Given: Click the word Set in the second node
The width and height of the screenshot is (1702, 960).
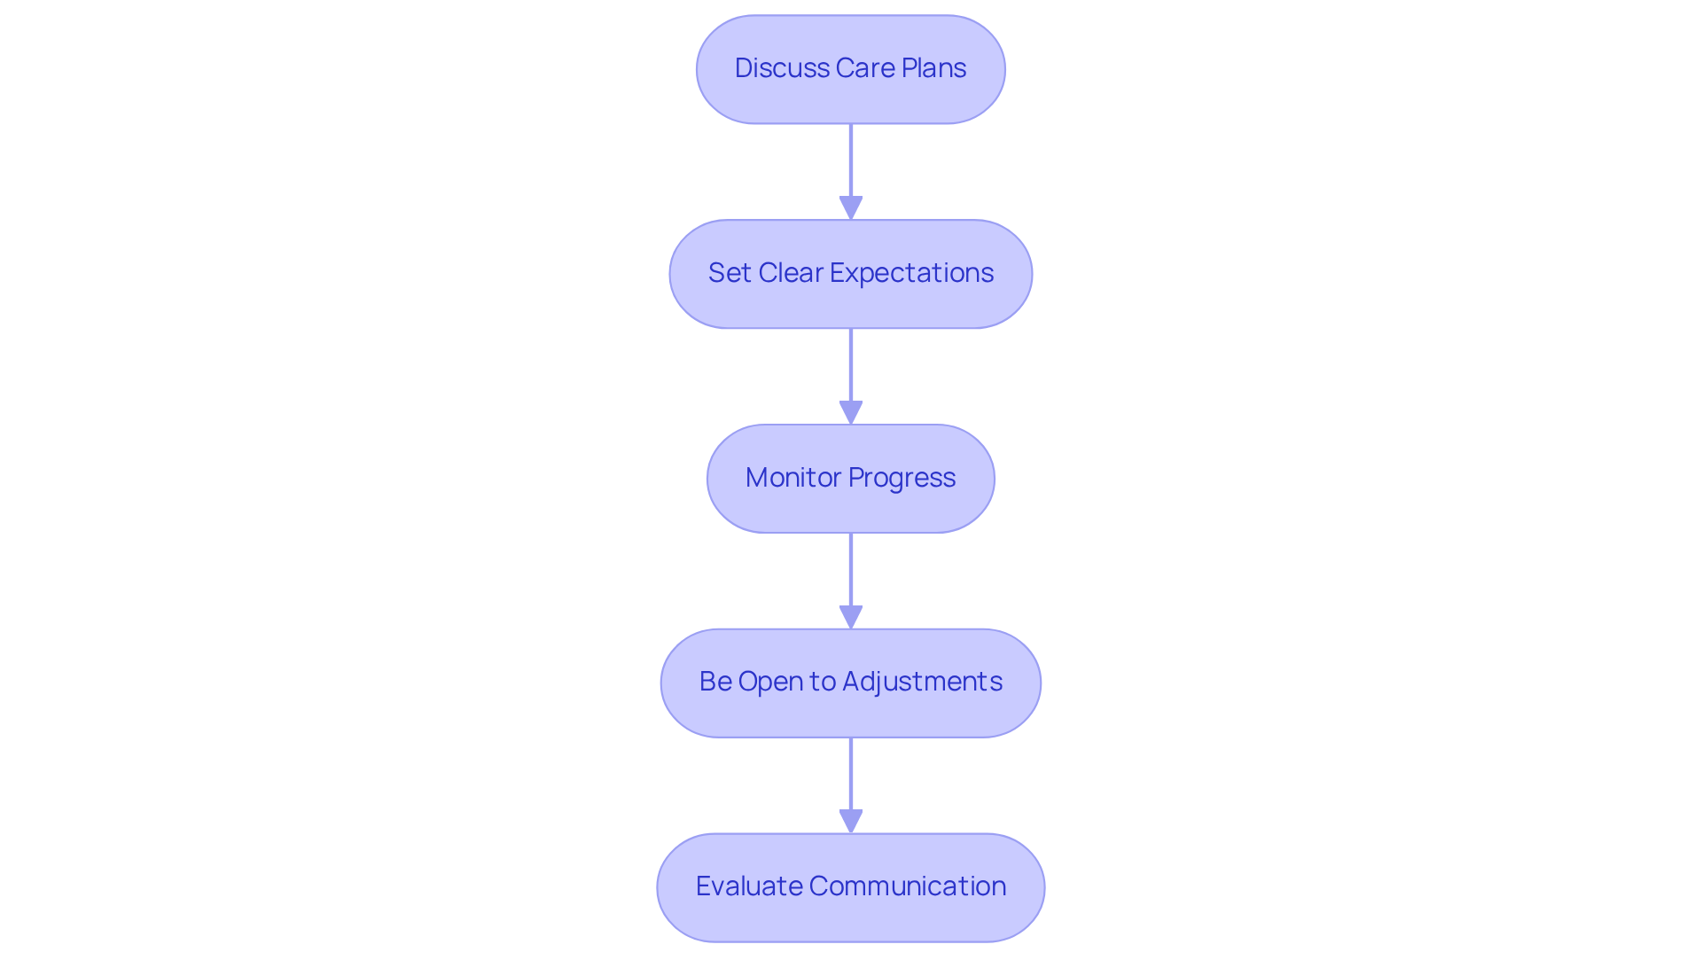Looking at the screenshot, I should [x=730, y=273].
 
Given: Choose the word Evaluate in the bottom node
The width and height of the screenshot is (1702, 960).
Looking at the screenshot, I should [x=749, y=886].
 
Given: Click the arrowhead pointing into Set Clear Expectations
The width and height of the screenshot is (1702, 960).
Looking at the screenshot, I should [x=851, y=208].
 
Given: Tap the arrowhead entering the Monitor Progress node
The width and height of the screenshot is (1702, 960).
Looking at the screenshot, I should [x=851, y=413].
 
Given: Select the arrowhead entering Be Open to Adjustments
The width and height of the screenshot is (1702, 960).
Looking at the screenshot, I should [x=851, y=618].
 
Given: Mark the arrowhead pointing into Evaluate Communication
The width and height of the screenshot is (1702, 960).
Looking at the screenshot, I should [x=851, y=822].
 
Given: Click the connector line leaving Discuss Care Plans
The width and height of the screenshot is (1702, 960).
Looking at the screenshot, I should [x=851, y=160].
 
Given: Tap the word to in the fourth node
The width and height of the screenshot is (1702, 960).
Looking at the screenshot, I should [x=823, y=682].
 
